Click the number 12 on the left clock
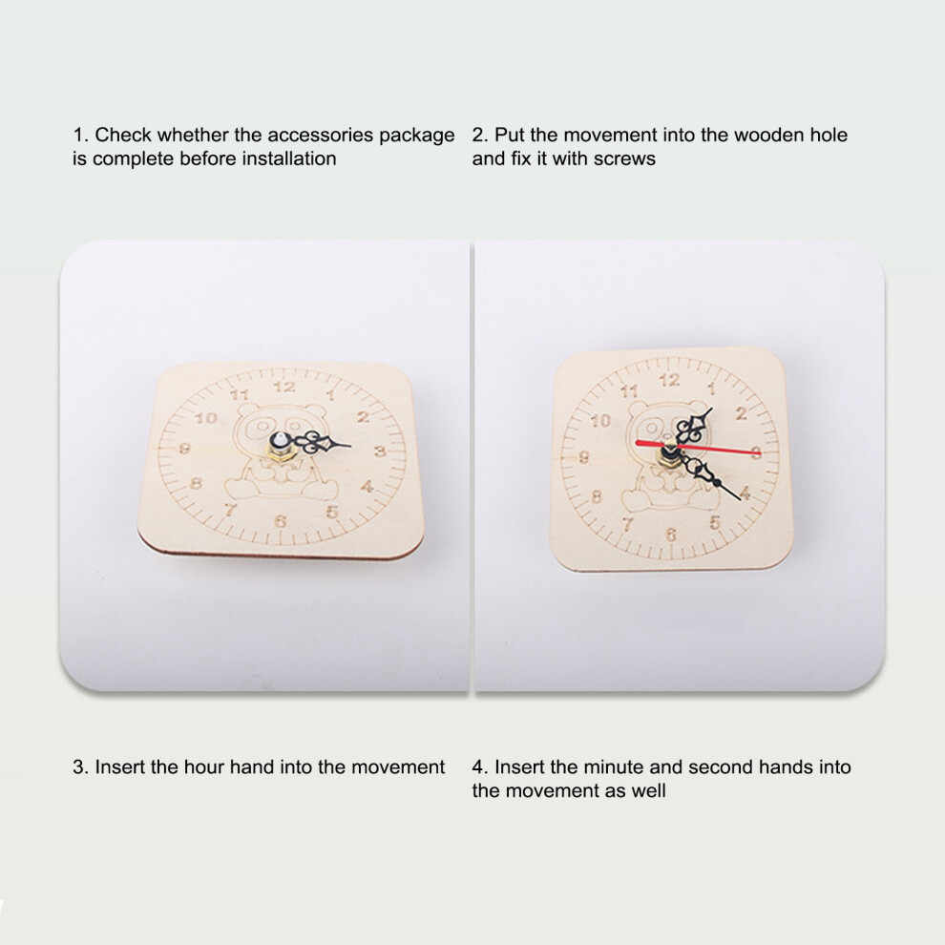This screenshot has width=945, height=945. click(x=284, y=387)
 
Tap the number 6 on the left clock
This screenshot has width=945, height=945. click(x=281, y=521)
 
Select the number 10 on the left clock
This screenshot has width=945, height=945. click(x=205, y=418)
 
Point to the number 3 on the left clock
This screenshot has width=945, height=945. click(x=380, y=451)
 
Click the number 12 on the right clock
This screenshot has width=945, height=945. click(x=669, y=380)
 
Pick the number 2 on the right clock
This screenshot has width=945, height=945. click(x=741, y=413)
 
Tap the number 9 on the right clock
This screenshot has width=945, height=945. click(x=583, y=457)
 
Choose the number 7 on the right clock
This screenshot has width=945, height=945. click(x=628, y=524)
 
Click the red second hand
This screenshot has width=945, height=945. click(x=698, y=448)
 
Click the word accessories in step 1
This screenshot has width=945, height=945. click(x=321, y=135)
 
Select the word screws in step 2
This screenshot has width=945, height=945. click(x=624, y=158)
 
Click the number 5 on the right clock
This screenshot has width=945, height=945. click(x=715, y=522)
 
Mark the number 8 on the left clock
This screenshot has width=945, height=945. click(x=196, y=483)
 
